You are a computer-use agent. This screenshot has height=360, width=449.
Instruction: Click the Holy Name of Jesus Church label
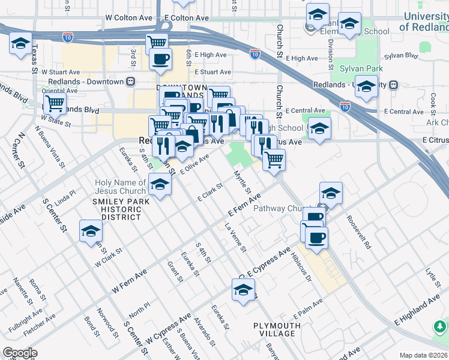coord(120,187)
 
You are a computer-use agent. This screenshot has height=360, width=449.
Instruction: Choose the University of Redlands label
coord(423,22)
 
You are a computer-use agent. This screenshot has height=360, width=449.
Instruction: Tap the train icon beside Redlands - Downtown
coord(130,81)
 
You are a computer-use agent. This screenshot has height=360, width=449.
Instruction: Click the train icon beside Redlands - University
coord(394,85)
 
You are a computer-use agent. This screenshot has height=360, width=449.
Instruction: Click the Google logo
coord(20,353)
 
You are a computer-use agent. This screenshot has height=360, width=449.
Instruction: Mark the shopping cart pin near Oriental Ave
coord(55,103)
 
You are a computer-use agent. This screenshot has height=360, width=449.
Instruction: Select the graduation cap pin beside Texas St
coord(20,44)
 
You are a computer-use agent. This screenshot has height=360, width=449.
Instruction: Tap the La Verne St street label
coord(235,238)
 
